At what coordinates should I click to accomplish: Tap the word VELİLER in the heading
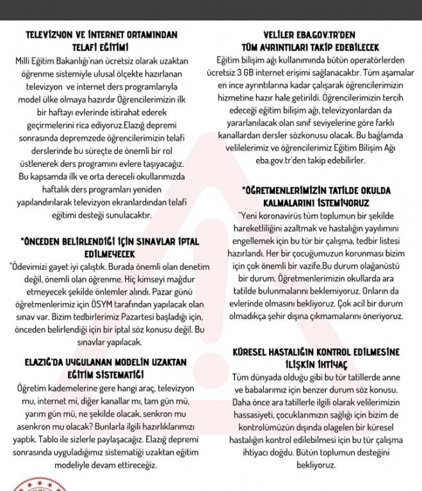(280, 35)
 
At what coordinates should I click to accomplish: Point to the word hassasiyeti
(255, 416)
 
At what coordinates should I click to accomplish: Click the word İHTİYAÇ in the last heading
(330, 364)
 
